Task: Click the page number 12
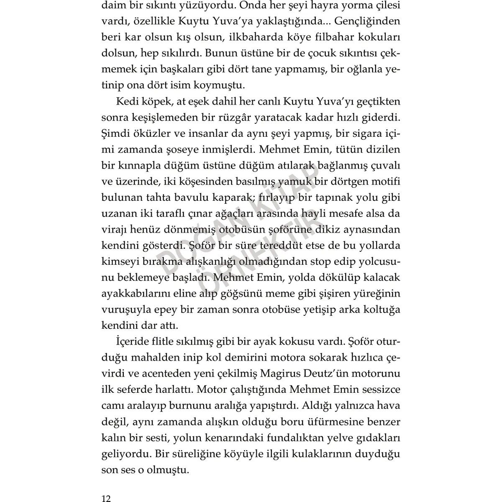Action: (106, 487)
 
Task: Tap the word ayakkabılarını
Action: (138, 294)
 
